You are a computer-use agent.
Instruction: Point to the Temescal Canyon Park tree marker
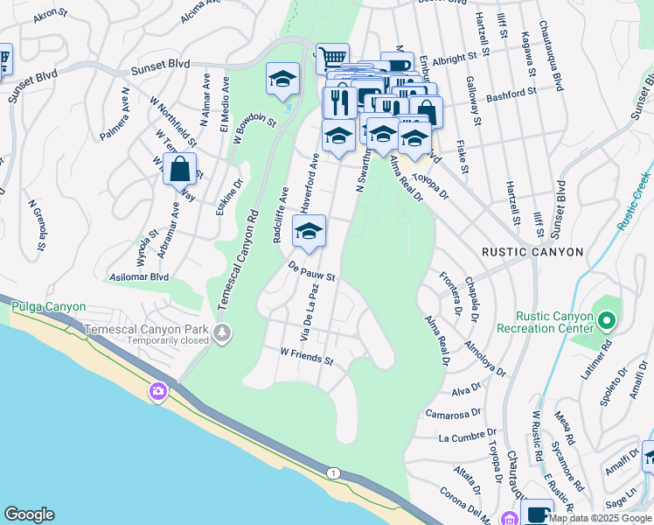pos(223,332)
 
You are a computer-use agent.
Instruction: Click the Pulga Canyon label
pos(48,307)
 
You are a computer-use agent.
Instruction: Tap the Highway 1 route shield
pos(332,473)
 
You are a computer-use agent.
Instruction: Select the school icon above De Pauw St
pos(309,232)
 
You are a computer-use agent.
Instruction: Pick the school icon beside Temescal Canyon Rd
pos(282,80)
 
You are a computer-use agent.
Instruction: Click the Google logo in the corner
pos(30,514)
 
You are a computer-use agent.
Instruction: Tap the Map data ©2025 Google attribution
pos(600,517)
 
